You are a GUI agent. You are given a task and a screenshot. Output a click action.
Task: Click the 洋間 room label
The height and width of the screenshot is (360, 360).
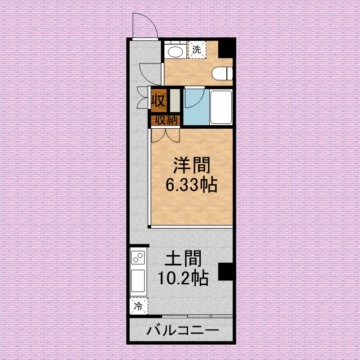192,165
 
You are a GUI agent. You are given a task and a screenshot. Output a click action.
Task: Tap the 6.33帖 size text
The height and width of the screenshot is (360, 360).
192,184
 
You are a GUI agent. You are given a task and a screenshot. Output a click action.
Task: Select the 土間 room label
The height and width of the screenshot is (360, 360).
183,258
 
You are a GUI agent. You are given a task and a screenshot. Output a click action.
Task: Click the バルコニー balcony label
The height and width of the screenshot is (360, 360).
183,331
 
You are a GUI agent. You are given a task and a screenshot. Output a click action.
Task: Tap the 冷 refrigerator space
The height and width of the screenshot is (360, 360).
139,306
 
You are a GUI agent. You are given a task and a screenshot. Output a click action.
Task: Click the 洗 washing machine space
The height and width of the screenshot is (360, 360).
197,49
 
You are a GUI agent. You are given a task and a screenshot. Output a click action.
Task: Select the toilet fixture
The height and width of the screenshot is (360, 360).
222,73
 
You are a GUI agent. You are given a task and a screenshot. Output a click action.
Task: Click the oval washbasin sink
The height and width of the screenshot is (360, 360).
175,52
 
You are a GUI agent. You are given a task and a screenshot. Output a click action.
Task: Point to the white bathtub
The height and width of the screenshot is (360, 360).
221,107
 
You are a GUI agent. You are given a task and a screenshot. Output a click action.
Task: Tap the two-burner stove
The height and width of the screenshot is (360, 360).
138,257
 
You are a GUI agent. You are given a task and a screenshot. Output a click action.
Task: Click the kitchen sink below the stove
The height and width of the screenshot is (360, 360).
138,281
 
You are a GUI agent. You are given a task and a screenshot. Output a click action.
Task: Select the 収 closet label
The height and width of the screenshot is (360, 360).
159,100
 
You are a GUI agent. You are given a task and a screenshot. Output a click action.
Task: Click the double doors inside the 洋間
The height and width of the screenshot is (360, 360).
165,135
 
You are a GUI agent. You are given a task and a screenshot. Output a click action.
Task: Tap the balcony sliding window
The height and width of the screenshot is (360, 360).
197,316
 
